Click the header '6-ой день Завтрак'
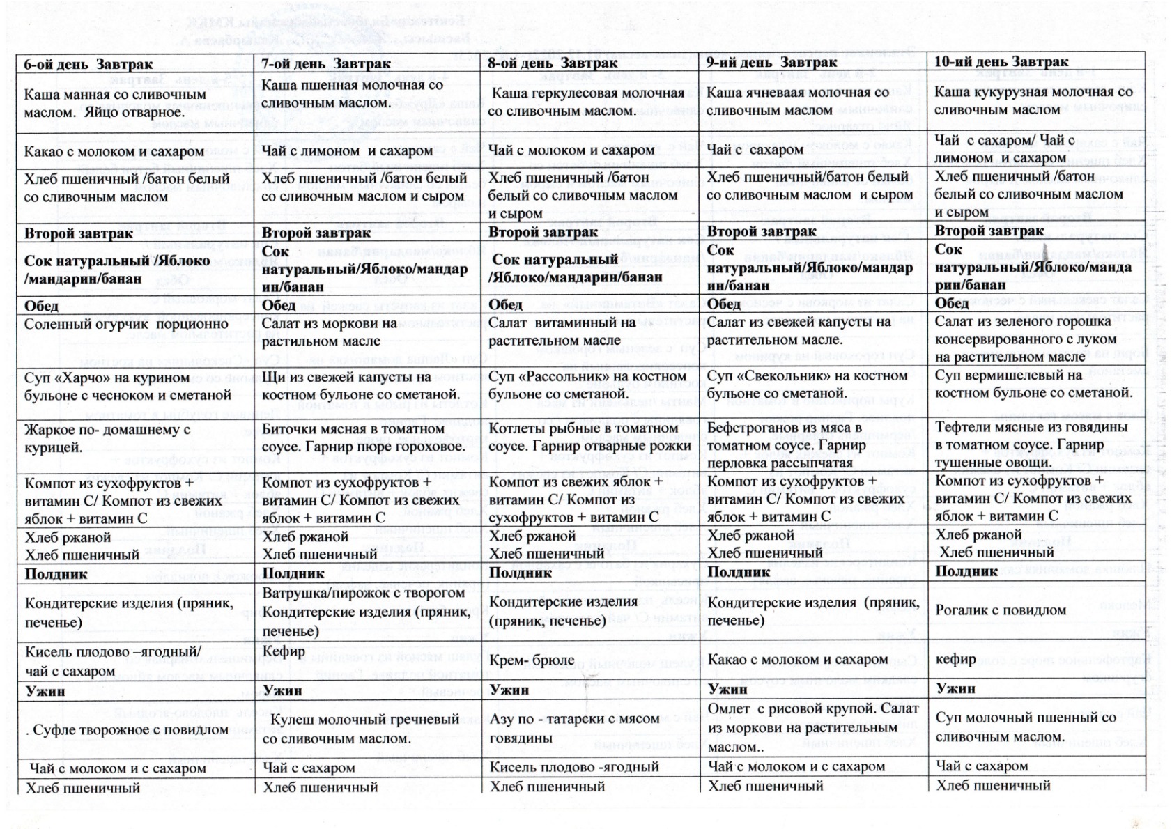[88, 65]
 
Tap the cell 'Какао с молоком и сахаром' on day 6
[114, 152]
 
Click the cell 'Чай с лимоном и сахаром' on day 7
[347, 151]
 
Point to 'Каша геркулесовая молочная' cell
[586, 102]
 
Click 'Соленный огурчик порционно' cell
[126, 325]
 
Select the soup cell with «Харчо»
[128, 387]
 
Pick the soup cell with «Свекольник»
[807, 385]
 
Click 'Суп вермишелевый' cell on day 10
[1033, 384]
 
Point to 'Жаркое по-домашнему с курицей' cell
[107, 438]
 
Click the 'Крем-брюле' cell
[532, 660]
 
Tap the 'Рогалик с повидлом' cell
[1001, 610]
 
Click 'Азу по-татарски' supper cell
[574, 728]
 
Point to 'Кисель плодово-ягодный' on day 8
[574, 767]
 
